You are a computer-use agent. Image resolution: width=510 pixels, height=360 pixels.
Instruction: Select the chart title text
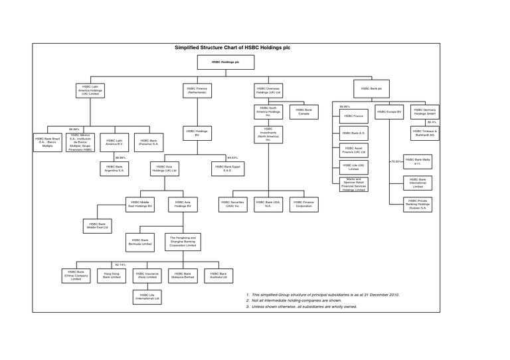(232, 48)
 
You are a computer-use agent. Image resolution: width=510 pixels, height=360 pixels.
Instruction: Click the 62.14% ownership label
(120, 264)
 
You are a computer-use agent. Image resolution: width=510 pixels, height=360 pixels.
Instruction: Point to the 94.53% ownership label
(232, 157)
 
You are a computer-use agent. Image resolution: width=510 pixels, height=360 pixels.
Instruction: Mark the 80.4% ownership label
(432, 122)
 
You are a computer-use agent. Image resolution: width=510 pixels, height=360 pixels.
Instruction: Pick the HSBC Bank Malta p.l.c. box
(418, 162)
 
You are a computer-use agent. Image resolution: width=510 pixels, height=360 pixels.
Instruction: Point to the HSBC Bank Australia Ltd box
(220, 274)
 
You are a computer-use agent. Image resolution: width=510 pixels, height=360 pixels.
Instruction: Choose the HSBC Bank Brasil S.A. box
(48, 141)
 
